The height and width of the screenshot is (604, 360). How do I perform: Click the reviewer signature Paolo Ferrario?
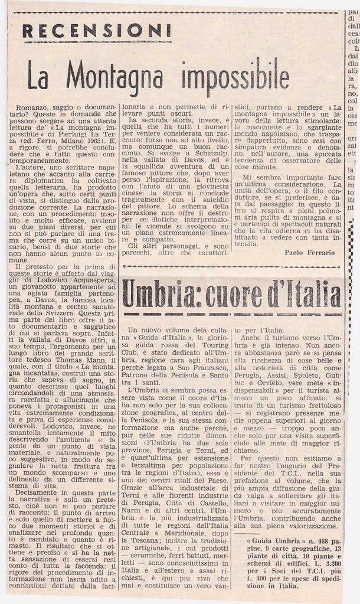click(x=309, y=252)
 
